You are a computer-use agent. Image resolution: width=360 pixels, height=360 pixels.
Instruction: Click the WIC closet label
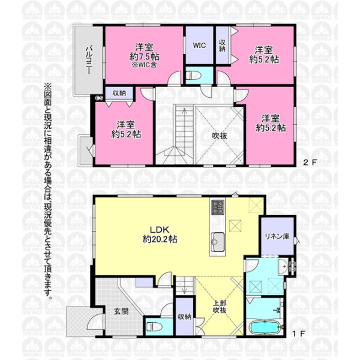pyautogui.click(x=199, y=45)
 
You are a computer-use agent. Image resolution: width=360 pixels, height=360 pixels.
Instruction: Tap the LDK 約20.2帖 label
pyautogui.click(x=160, y=235)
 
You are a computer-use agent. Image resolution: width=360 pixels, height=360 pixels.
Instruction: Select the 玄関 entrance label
pyautogui.click(x=121, y=311)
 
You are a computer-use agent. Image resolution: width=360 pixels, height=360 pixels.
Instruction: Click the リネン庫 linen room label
pyautogui.click(x=277, y=236)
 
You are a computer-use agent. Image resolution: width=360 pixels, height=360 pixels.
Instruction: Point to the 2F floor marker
pyautogui.click(x=310, y=163)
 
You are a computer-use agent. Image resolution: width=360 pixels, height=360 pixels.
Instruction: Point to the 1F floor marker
pyautogui.click(x=298, y=334)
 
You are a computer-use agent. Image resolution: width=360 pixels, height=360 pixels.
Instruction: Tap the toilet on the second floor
pyautogui.click(x=193, y=76)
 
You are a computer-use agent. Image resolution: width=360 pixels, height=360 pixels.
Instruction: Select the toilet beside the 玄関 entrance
pyautogui.click(x=154, y=326)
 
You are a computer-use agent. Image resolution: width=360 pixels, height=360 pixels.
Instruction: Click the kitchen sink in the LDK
pyautogui.click(x=217, y=242)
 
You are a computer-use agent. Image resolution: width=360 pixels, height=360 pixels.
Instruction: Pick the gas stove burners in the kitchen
pyautogui.click(x=218, y=207)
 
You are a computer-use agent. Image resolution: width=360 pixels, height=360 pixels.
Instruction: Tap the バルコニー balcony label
pyautogui.click(x=89, y=60)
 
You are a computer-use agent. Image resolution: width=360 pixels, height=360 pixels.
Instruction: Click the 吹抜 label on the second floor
pyautogui.click(x=220, y=136)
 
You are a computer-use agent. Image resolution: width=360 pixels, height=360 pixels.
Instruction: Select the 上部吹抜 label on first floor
pyautogui.click(x=220, y=307)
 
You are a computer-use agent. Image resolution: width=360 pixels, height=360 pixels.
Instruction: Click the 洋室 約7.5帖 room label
pyautogui.click(x=145, y=55)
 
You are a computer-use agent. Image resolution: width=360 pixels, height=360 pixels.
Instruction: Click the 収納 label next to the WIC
pyautogui.click(x=222, y=46)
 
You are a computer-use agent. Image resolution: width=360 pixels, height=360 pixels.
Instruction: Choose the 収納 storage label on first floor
pyautogui.click(x=184, y=317)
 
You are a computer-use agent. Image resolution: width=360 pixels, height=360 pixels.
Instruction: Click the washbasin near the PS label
pyautogui.click(x=283, y=266)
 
